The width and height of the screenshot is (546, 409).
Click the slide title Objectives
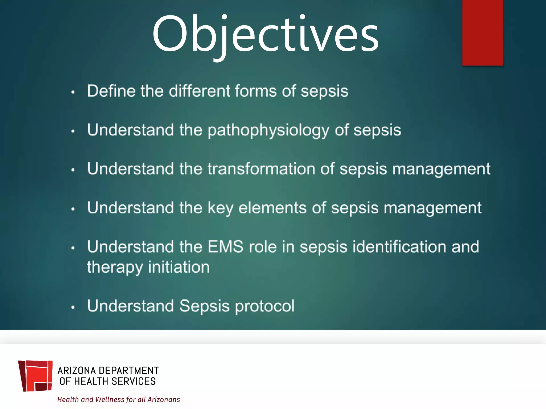[x=265, y=35]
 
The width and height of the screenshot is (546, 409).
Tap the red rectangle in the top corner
[x=483, y=32]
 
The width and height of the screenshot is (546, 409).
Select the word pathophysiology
[x=268, y=130]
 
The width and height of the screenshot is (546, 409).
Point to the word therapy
[x=115, y=267]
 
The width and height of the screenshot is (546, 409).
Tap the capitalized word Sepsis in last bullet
[x=204, y=306]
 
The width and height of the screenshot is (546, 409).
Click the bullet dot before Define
[x=73, y=92]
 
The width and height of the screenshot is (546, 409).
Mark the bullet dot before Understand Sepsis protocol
[x=73, y=307]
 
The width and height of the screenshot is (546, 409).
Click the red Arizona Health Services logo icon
[x=35, y=376]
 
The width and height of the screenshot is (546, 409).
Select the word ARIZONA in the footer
[x=77, y=371]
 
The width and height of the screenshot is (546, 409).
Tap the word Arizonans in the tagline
[x=164, y=399]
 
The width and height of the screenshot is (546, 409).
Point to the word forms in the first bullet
[x=256, y=91]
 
